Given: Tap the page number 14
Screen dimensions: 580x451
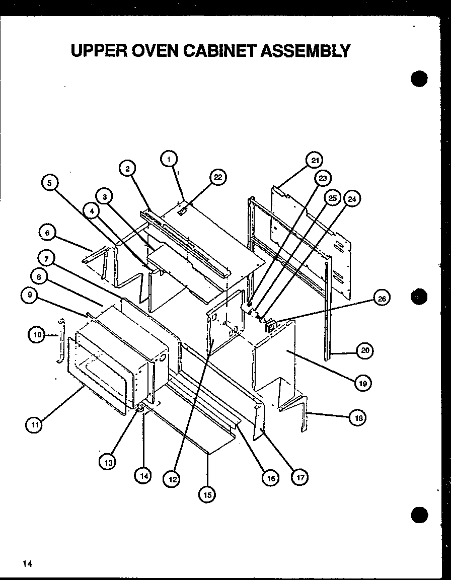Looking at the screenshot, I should coord(27,563).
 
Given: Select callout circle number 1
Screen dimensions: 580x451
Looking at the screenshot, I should coord(169,159).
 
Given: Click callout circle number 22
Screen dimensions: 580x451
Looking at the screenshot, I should coord(217,177).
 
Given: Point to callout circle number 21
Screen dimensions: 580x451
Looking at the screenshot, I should coord(315,161).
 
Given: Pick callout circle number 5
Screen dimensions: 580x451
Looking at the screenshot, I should coord(49,183).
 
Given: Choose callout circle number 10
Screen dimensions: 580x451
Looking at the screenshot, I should coord(36,334).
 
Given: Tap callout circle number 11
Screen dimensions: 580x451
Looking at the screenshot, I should coord(34,425).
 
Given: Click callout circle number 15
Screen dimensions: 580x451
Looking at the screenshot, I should coord(206,494).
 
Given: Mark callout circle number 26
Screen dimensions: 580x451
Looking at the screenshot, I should coord(382,299).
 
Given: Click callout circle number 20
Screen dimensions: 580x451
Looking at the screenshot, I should coord(364,350).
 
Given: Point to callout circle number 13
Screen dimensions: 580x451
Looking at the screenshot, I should coord(107,462).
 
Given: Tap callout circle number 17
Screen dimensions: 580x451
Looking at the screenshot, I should coord(300,477).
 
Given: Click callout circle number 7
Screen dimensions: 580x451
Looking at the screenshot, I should coord(46,259).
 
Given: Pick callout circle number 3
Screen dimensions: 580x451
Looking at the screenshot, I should coord(104,197).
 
